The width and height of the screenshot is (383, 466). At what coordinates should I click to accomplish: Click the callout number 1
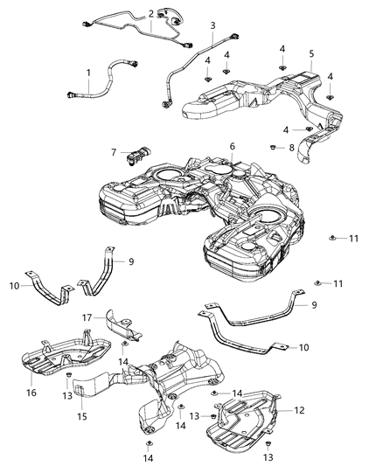point(87,71)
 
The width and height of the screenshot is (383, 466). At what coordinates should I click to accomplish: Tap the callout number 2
point(151,13)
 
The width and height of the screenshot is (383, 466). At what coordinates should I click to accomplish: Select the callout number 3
point(212,27)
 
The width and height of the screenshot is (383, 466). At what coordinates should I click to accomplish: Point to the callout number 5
point(311,53)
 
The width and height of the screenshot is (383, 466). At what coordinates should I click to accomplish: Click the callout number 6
point(233,146)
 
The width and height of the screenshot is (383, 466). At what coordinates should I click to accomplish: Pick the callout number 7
point(114,151)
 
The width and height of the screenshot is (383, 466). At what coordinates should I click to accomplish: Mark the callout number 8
point(292,149)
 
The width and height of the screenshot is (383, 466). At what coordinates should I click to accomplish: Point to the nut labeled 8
point(273,145)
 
